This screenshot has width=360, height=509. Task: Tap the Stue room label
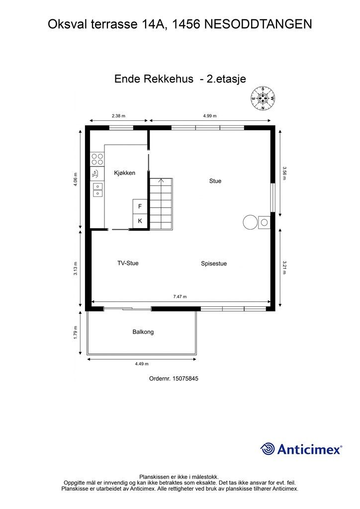click(x=215, y=181)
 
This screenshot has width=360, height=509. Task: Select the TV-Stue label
click(x=128, y=263)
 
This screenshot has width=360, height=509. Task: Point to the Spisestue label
click(x=214, y=263)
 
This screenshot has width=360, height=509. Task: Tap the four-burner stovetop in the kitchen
click(x=97, y=159)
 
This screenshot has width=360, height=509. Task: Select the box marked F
click(x=140, y=206)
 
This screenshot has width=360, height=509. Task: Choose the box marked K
click(x=140, y=221)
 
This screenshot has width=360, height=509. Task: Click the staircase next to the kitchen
click(x=161, y=204)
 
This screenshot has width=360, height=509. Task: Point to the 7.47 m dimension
click(x=180, y=297)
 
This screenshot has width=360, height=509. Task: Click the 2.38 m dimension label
click(x=119, y=116)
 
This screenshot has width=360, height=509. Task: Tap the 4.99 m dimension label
click(x=210, y=116)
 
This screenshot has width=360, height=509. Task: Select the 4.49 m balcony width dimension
click(x=142, y=364)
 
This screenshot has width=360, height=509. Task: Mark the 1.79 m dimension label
click(x=76, y=332)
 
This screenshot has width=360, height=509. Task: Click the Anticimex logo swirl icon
click(x=268, y=449)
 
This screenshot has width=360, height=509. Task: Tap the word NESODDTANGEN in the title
click(x=259, y=23)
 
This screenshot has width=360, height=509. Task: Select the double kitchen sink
click(x=97, y=190)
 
